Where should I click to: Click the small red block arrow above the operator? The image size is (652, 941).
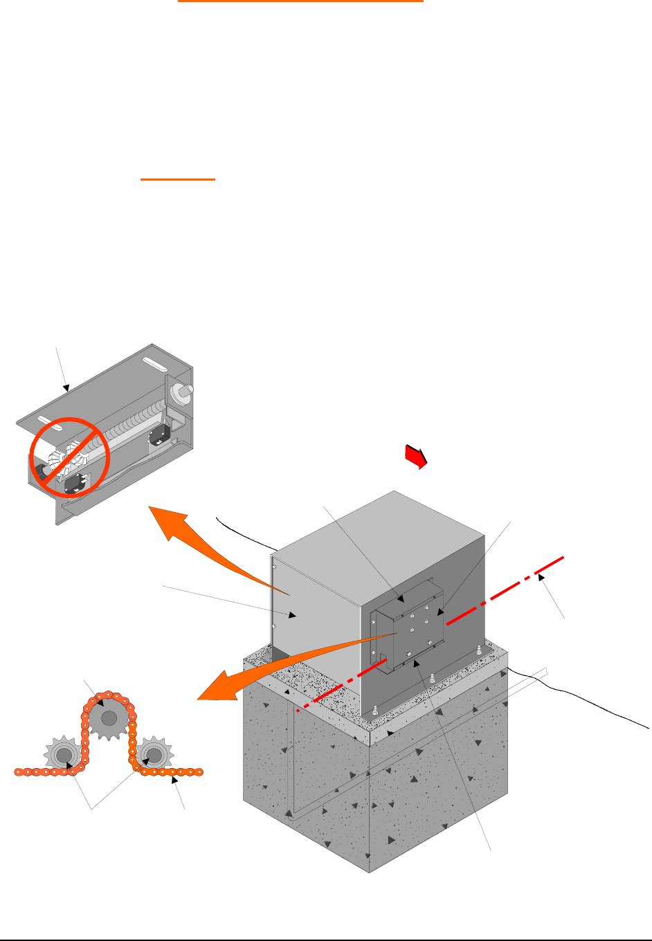point(415,457)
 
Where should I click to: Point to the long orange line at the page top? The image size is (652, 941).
point(300,2)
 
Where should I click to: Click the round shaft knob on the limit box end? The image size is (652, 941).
point(184,392)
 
